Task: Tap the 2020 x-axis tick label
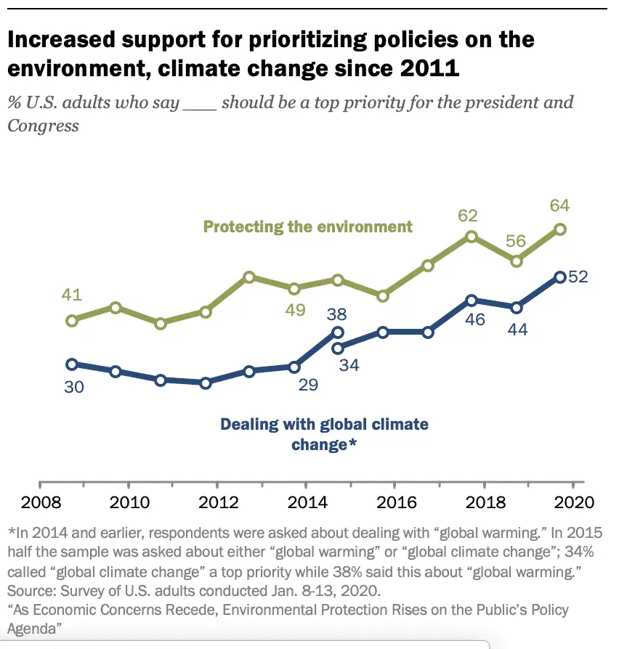574,502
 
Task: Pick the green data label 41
72,296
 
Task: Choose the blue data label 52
578,277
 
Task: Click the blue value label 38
336,314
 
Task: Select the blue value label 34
349,365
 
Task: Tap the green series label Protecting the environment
307,226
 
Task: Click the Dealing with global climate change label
324,433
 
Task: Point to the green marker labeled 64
560,229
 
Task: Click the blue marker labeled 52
560,277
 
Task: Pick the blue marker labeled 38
338,332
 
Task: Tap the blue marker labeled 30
71,364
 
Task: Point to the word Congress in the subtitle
43,125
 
